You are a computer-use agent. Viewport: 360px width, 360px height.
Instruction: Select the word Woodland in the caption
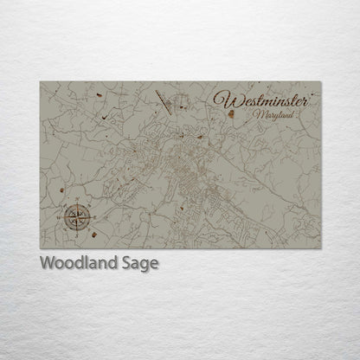(x=79, y=263)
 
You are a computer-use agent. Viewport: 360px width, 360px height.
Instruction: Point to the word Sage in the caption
(x=139, y=264)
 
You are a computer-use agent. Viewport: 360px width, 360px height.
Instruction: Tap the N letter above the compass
(x=76, y=202)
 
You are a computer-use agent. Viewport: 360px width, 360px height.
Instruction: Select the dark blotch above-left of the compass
(x=61, y=191)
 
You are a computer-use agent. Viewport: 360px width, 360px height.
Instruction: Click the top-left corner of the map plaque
(x=40, y=82)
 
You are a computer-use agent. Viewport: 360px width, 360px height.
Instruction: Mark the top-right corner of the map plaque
(x=321, y=82)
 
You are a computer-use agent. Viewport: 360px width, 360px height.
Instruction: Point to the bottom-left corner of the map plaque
(x=40, y=249)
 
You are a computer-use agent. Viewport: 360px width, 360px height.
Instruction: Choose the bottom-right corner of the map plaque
(x=321, y=249)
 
